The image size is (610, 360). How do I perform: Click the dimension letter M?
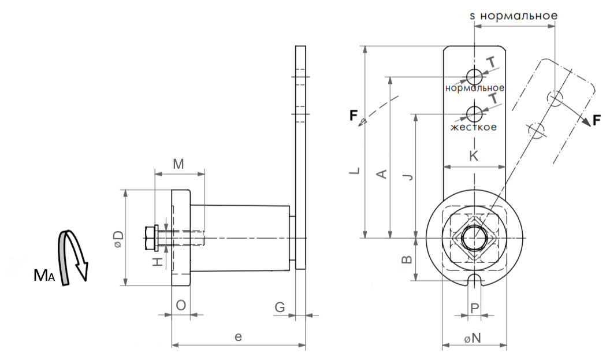pos(178,165)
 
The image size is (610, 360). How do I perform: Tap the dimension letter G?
pos(280,307)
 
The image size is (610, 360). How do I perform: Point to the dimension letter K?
pos(474,156)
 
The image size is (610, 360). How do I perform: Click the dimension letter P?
pos(474,308)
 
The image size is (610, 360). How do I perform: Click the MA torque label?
pos(44,276)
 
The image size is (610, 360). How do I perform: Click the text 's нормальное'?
pos(514,16)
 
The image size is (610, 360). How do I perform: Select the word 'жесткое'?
pos(474,127)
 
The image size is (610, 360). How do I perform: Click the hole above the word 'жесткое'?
pos(474,113)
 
